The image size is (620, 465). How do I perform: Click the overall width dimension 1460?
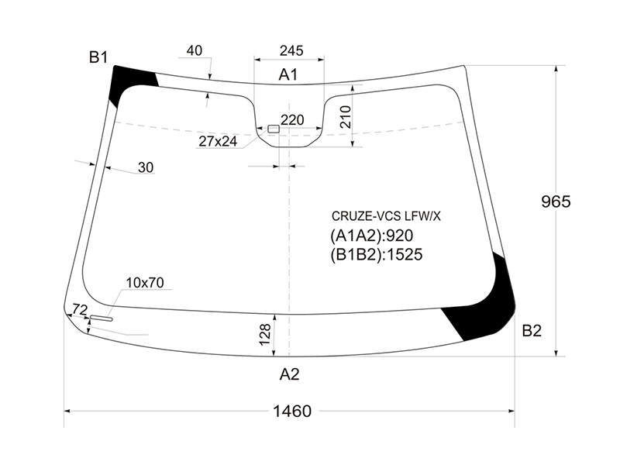292,412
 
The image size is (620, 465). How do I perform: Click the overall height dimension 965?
556,201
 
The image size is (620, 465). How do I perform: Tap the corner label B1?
98,57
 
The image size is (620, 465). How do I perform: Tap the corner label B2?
532,331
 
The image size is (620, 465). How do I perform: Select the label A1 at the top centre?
288,74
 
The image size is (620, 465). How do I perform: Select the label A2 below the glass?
289,374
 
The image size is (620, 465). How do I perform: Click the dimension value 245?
291,50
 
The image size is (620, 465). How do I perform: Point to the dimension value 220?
292,119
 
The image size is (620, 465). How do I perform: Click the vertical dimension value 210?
345,117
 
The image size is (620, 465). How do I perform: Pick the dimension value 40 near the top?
195,50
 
